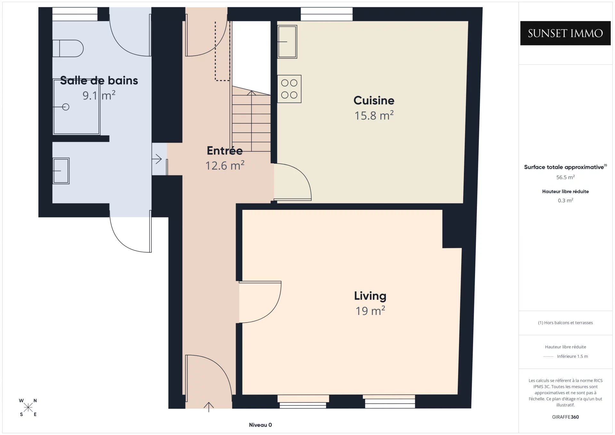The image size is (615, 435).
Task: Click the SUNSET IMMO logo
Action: (565, 33)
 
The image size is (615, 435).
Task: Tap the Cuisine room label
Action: (374, 101)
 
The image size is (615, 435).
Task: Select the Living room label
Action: (370, 296)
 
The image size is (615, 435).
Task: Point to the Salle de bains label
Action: (99, 80)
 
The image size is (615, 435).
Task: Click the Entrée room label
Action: (225, 151)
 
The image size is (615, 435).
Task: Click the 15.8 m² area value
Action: (374, 116)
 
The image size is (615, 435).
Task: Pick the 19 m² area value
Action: (370, 311)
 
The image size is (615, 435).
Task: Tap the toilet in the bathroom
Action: (68, 48)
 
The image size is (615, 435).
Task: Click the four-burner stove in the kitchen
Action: (289, 89)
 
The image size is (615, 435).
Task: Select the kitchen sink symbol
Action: (287, 42)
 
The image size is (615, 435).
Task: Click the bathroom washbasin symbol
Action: (61, 171)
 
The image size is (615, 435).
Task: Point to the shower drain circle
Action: (66, 107)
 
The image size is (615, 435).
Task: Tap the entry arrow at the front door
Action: (209, 407)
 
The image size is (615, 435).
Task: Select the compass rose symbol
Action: (28, 407)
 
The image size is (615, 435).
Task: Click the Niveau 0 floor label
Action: (260, 425)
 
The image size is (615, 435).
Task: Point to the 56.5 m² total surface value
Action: (565, 177)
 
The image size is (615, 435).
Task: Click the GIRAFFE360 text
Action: (565, 417)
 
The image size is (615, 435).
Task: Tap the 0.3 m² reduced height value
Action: (565, 201)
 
